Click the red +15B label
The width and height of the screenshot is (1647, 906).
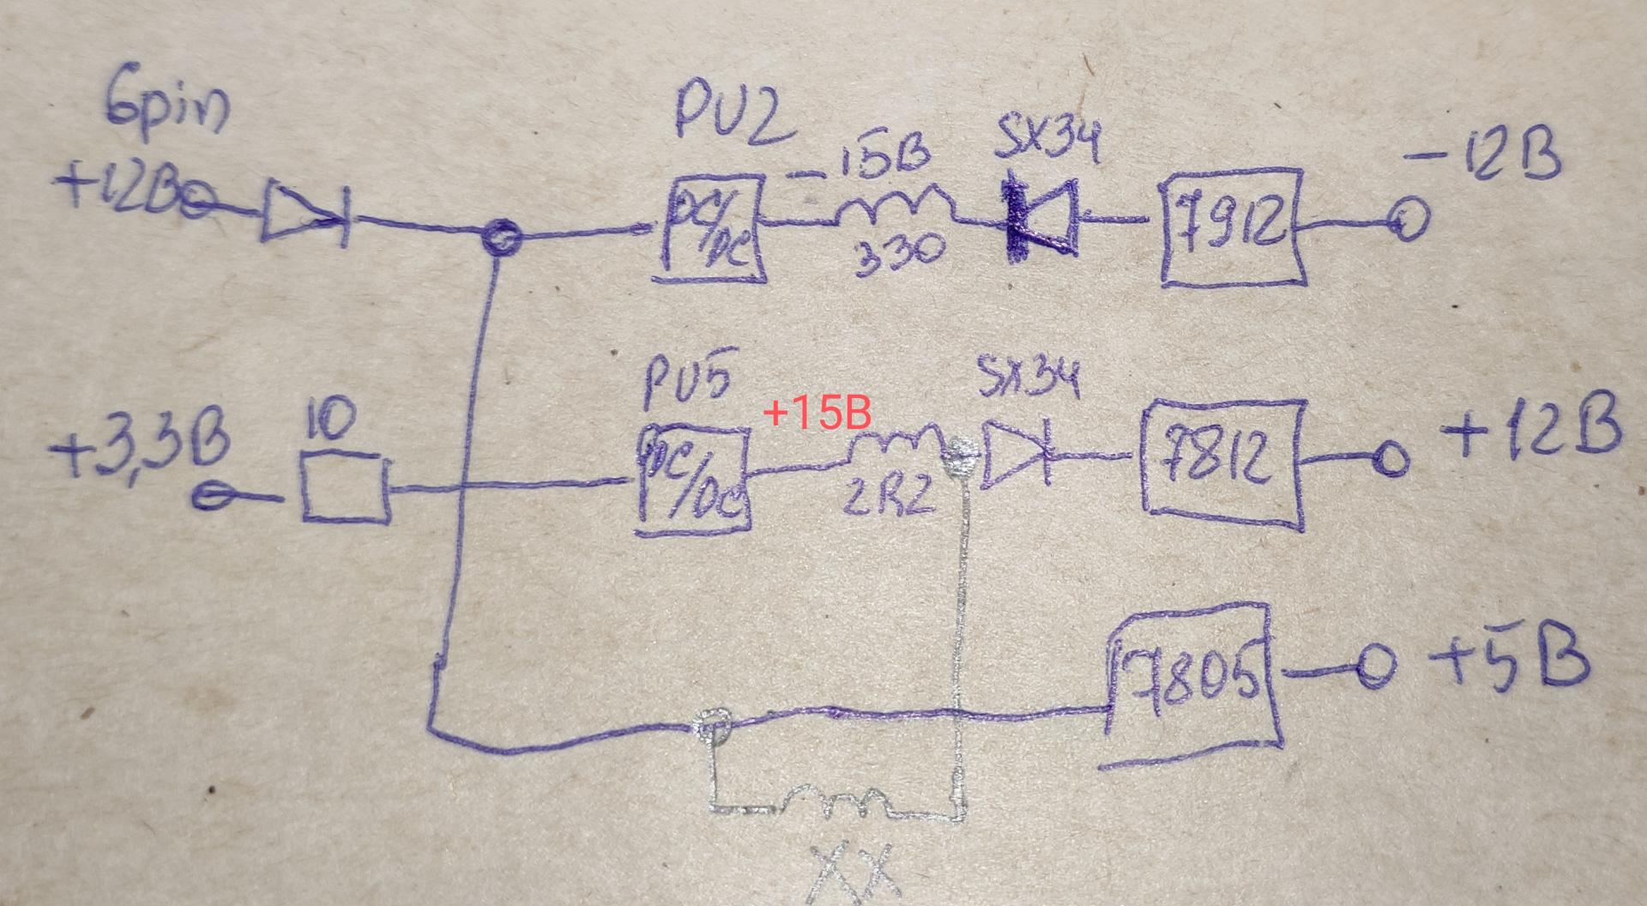point(817,414)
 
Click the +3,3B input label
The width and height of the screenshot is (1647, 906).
point(142,450)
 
